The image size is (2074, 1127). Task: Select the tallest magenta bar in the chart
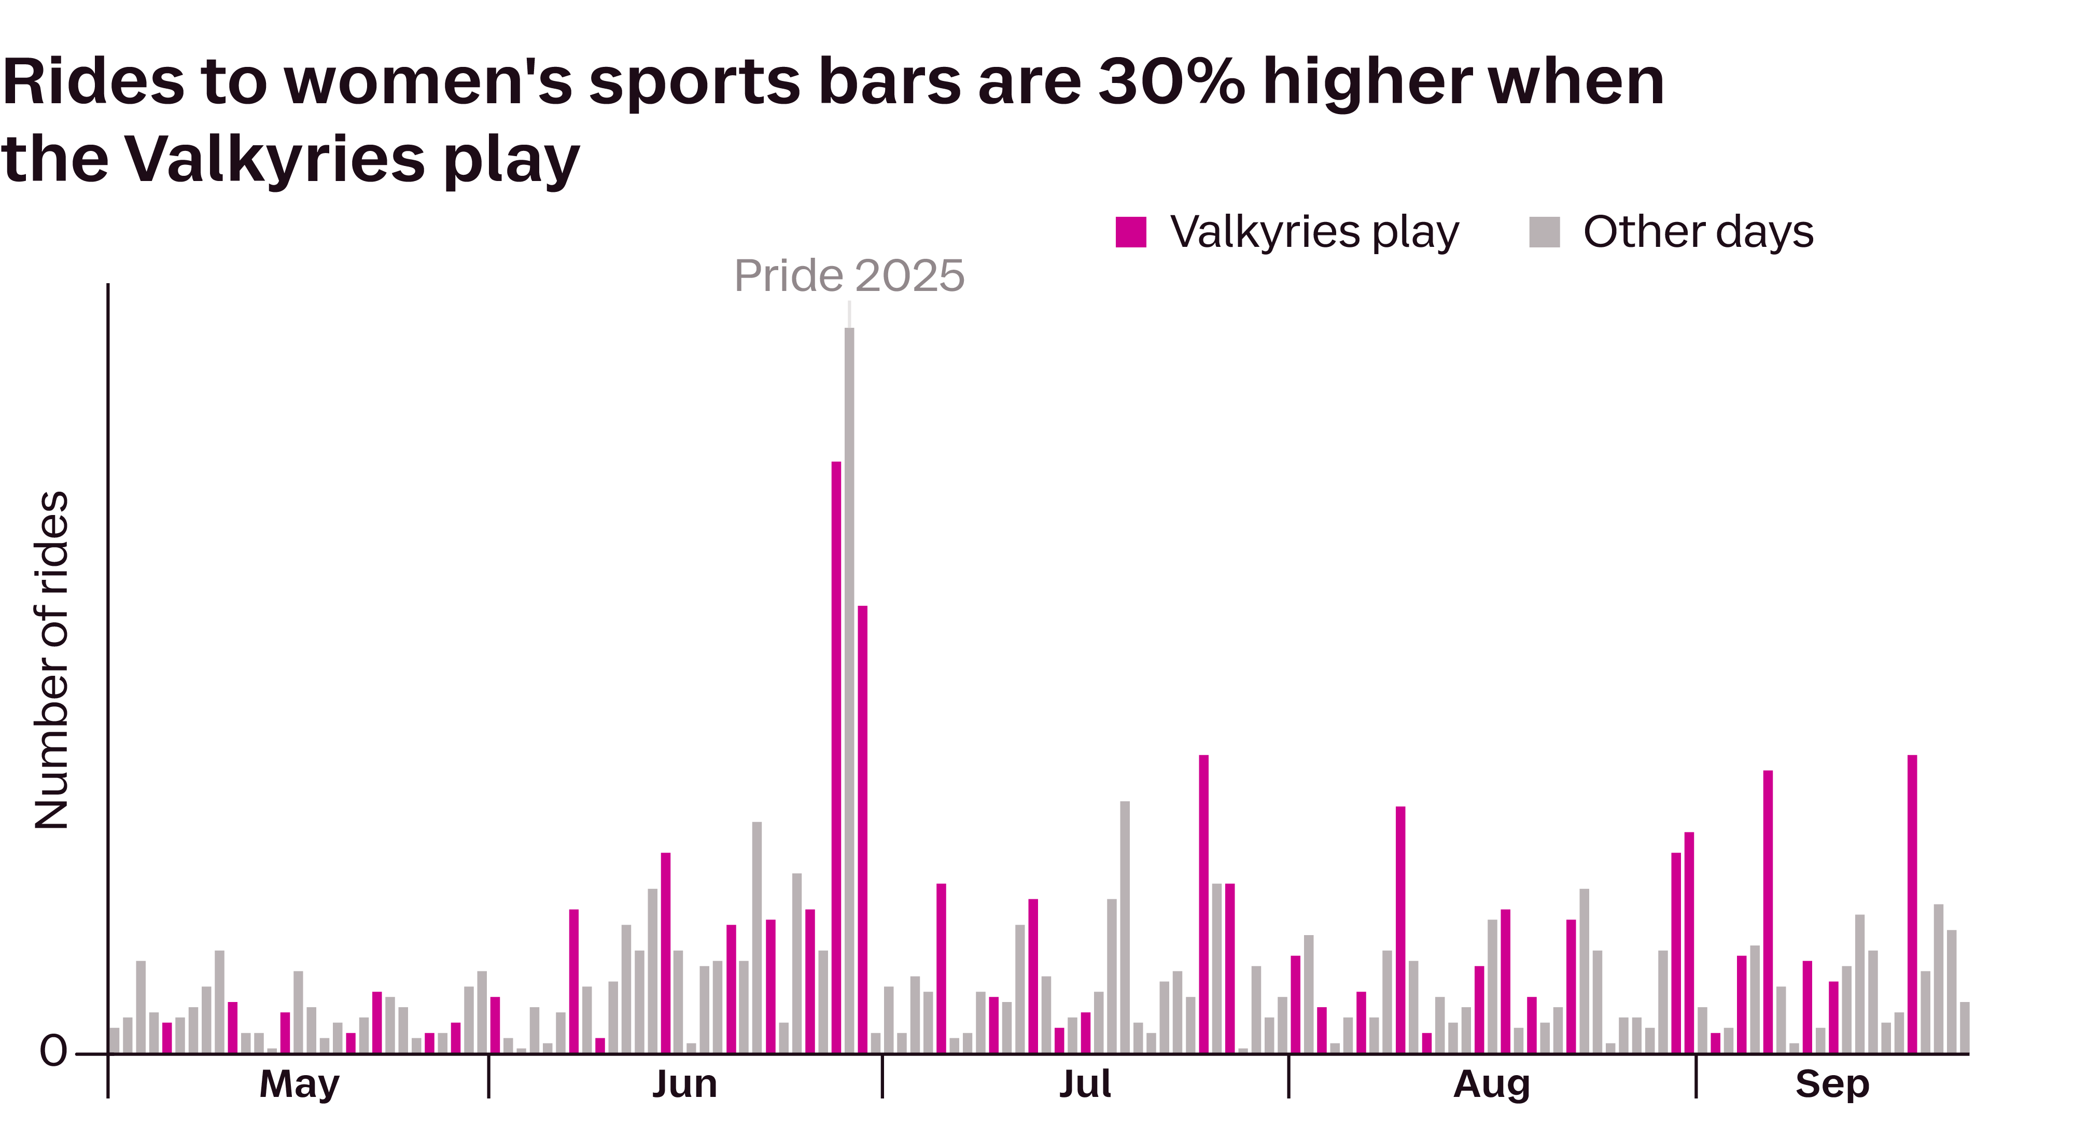coord(836,757)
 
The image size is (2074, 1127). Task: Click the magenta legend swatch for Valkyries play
coord(1130,232)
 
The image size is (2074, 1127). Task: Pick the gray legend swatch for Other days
coord(1544,232)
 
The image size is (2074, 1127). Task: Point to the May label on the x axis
coord(300,1084)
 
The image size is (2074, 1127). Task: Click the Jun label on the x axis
coord(684,1084)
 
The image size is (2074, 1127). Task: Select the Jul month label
coord(1085,1084)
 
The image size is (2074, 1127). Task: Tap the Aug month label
coord(1491,1084)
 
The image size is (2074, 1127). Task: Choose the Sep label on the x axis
coord(1832,1084)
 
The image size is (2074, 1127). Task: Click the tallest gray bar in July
coord(1125,926)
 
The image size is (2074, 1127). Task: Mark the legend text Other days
coord(1698,232)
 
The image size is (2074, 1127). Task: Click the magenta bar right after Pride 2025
coord(862,830)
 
